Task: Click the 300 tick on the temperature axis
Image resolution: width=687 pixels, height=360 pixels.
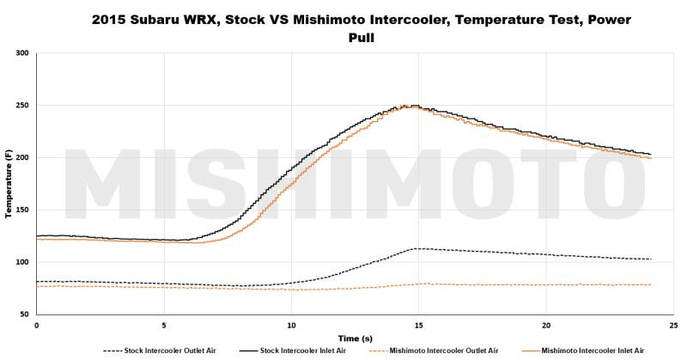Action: coord(23,53)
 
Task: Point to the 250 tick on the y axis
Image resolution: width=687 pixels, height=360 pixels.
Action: coord(23,106)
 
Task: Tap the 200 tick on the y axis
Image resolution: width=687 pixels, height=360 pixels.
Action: coord(23,158)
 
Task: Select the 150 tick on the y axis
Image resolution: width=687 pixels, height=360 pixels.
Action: coord(23,211)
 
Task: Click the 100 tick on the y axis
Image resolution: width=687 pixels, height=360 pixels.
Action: coord(23,263)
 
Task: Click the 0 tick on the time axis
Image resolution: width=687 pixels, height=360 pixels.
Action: coord(36,326)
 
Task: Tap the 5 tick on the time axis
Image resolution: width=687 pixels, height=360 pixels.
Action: coord(164,326)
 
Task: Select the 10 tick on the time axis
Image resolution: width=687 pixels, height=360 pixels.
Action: coord(291,326)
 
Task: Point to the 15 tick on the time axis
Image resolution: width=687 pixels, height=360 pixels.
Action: coord(418,326)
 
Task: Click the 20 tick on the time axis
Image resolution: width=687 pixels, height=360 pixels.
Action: coord(546,326)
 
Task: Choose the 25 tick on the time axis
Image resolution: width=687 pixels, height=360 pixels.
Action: coord(673,326)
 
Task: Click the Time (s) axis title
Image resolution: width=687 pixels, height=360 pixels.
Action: coord(355,338)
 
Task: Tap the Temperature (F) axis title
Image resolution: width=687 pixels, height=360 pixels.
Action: coord(8,184)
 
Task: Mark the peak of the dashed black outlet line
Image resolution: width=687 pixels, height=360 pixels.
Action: coord(416,248)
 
